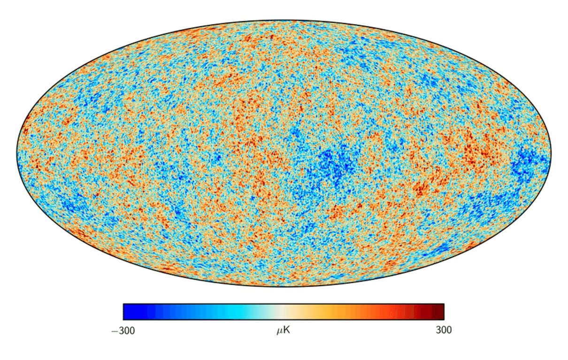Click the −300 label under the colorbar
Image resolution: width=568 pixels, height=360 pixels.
tap(123, 330)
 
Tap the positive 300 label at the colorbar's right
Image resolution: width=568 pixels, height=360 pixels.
tap(444, 330)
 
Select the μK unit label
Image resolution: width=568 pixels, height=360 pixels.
tap(283, 330)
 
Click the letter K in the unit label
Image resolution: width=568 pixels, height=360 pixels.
tap(287, 330)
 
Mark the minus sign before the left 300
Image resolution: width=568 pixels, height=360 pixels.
tap(114, 331)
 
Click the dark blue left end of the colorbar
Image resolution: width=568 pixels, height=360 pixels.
tap(129, 312)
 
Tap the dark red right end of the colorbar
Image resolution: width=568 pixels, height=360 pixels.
tap(438, 312)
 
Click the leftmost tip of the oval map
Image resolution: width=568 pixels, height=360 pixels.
tap(17, 153)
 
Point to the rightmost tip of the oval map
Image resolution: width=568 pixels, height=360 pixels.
tap(551, 153)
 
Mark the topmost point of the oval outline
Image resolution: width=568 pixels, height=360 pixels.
tap(284, 20)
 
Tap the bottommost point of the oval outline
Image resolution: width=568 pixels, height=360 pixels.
tap(284, 287)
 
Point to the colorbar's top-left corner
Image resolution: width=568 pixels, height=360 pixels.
tap(123, 304)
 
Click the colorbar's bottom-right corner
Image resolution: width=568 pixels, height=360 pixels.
tap(444, 320)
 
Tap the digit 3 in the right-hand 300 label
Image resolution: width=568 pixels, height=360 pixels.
tap(438, 330)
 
